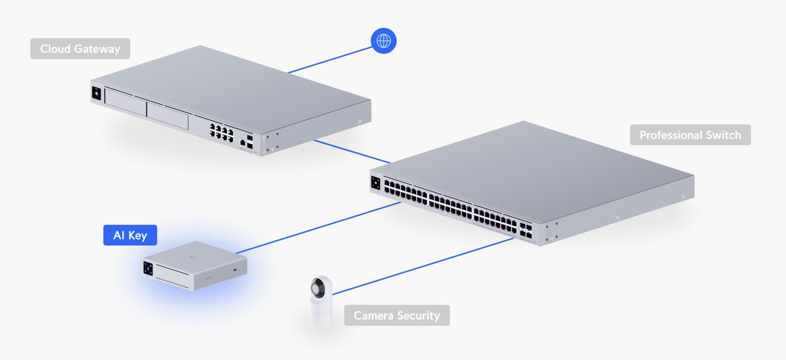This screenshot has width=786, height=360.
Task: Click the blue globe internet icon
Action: pyautogui.click(x=383, y=41)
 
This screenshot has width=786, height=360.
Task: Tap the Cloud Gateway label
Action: pyautogui.click(x=80, y=49)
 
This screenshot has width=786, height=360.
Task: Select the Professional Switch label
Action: pyautogui.click(x=690, y=135)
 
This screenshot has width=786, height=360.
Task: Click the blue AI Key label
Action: pyautogui.click(x=130, y=235)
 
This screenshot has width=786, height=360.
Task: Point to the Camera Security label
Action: pyautogui.click(x=397, y=315)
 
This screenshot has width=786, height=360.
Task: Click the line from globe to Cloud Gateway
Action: pyautogui.click(x=330, y=60)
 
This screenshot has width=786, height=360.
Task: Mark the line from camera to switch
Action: pyautogui.click(x=423, y=266)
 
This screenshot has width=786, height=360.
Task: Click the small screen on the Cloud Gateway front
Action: pyautogui.click(x=97, y=93)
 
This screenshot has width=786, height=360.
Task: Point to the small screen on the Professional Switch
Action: pyautogui.click(x=376, y=183)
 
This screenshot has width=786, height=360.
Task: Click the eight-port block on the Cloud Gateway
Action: pyautogui.click(x=221, y=132)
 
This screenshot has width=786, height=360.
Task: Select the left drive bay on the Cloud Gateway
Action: pyautogui.click(x=125, y=102)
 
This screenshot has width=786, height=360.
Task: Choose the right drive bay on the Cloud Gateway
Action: pyautogui.click(x=167, y=115)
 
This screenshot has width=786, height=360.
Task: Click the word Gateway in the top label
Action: pyautogui.click(x=97, y=49)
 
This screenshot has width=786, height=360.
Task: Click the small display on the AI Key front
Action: pyautogui.click(x=148, y=268)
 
